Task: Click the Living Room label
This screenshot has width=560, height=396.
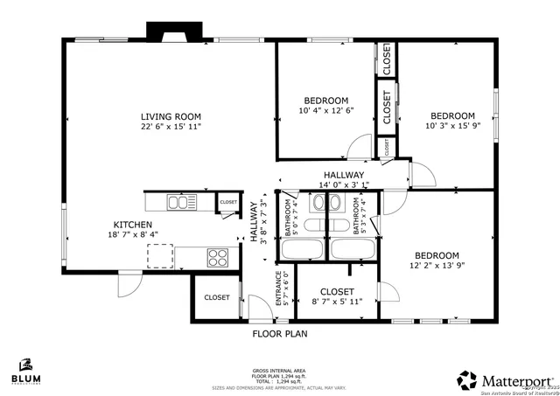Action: click(171, 116)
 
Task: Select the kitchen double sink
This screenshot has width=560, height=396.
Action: click(183, 203)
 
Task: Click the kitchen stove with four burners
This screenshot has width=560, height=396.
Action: click(216, 257)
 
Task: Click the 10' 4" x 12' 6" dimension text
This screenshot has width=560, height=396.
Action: click(326, 110)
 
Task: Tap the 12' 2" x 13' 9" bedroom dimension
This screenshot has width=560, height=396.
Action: click(436, 267)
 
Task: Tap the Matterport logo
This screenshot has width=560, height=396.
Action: click(506, 380)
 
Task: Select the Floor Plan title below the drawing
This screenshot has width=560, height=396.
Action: click(279, 333)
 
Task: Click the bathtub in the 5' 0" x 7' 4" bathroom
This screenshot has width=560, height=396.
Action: click(303, 249)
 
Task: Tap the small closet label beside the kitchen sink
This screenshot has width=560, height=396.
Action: click(228, 202)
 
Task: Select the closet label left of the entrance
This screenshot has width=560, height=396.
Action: click(217, 297)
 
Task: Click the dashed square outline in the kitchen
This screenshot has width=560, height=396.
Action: click(160, 256)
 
